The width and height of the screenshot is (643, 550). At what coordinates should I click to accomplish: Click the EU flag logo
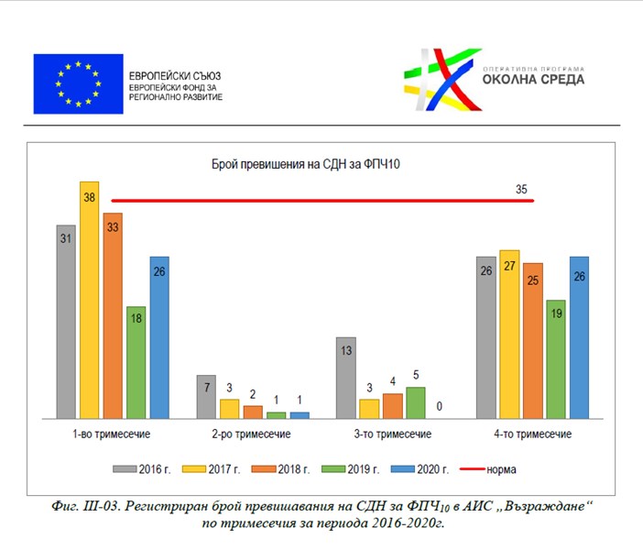point(77,83)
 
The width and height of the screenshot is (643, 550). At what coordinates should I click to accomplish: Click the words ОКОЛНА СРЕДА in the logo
point(533,79)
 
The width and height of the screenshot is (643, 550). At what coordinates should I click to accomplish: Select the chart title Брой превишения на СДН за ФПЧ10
point(302,165)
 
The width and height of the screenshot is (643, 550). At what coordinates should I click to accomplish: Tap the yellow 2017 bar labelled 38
point(89,298)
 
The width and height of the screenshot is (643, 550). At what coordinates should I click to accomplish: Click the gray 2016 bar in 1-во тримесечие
point(65,321)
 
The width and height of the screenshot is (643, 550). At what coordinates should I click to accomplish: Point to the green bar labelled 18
point(136,362)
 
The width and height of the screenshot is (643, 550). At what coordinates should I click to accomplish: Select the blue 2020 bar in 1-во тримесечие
point(159,336)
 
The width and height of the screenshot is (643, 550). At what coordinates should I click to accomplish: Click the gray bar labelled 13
point(344,377)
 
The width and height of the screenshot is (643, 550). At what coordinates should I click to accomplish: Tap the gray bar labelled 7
point(205,396)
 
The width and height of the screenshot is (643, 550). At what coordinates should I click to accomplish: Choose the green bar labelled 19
point(555,358)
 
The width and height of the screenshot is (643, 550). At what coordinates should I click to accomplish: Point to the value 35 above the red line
point(521,190)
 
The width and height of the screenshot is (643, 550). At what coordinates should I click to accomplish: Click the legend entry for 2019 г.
point(354,469)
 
